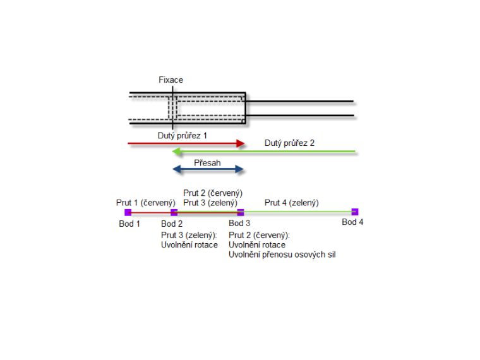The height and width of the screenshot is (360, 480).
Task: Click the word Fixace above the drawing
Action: [x=171, y=80]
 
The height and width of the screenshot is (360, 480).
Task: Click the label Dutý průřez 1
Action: [x=183, y=135]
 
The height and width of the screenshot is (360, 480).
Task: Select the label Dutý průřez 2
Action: [x=289, y=143]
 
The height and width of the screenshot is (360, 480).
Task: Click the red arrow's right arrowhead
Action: [x=241, y=144]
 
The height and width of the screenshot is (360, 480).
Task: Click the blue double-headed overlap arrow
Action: [x=208, y=169]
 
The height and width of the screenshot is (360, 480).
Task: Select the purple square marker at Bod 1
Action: [x=128, y=212]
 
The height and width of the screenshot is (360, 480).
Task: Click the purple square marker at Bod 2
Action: [x=174, y=212]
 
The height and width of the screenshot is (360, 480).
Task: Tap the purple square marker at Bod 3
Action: [x=240, y=212]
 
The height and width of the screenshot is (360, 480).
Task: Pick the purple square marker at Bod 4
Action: [x=355, y=212]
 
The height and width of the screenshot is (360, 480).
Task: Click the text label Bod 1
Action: [x=129, y=224]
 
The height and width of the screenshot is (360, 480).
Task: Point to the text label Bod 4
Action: [x=352, y=222]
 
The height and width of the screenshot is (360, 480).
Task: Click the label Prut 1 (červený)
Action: [x=145, y=203]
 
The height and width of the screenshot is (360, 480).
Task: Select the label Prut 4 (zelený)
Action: [x=291, y=203]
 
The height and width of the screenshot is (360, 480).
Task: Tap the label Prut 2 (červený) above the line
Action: [x=213, y=193]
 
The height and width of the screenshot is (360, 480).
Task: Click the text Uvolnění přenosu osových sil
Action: [x=282, y=255]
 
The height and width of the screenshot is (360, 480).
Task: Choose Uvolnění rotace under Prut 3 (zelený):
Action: [x=189, y=245]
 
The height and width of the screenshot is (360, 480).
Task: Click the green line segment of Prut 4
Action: [x=297, y=212]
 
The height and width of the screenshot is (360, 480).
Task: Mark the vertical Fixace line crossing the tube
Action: [x=172, y=107]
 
